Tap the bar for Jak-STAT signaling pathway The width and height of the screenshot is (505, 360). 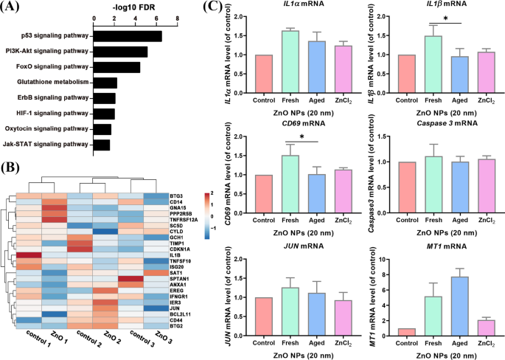coord(102,145)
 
